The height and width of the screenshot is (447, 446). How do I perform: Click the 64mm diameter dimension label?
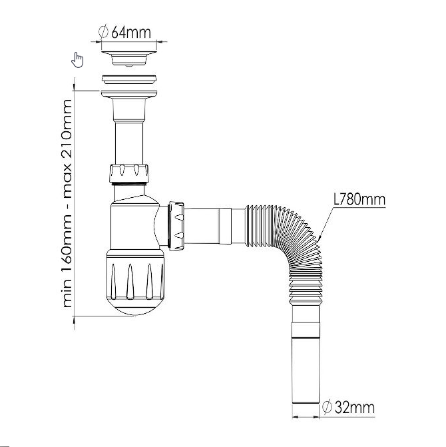click(124, 32)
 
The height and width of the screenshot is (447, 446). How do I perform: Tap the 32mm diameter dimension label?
click(348, 408)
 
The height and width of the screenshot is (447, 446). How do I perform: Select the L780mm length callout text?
click(359, 199)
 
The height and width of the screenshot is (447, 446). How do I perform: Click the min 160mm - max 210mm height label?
click(67, 203)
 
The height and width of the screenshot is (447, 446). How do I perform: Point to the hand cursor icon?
click(77, 60)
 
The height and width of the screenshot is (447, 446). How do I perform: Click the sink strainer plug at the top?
click(129, 58)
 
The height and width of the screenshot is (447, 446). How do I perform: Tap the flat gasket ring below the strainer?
click(129, 79)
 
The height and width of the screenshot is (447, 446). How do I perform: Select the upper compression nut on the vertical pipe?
click(128, 173)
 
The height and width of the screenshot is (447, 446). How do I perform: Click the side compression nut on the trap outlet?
click(176, 225)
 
